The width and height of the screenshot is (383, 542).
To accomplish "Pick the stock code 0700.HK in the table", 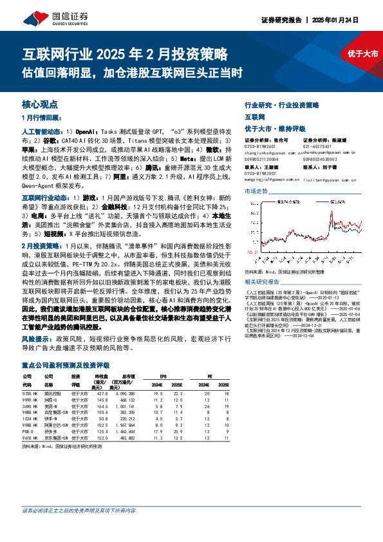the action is pyautogui.click(x=32, y=393).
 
